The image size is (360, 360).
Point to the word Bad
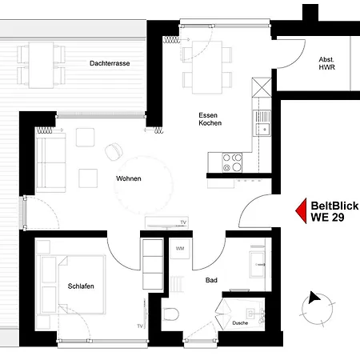point(211,281)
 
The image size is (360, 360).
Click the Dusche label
point(240,323)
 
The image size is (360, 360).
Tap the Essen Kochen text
point(210,120)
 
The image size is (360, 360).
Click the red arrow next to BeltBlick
point(302,210)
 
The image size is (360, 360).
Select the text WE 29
point(328,217)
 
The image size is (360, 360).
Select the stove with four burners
point(231,162)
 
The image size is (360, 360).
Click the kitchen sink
point(262,122)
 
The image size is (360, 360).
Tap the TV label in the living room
point(182,222)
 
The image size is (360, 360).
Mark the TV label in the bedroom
point(140,326)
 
